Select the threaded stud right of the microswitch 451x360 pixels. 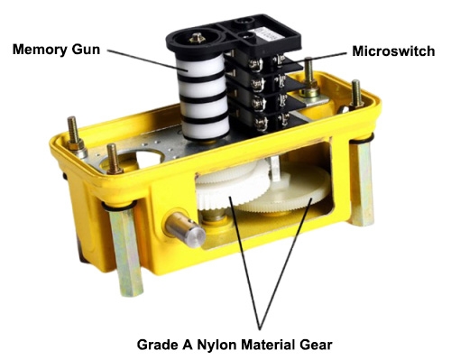pos(308,72)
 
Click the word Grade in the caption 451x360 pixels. pos(157,345)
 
